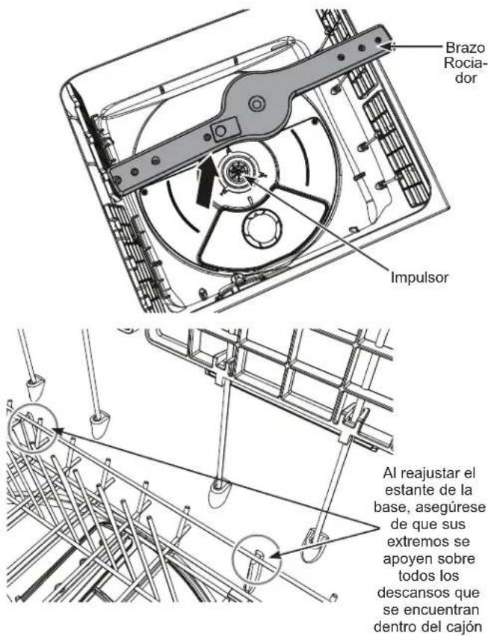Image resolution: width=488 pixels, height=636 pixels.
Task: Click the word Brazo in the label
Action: (465, 48)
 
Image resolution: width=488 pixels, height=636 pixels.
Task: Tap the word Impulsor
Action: (419, 277)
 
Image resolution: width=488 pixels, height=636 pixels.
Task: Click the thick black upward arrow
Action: (206, 182)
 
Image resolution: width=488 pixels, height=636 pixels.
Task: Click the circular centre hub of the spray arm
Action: (256, 104)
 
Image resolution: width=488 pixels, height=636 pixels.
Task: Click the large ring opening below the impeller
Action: (262, 229)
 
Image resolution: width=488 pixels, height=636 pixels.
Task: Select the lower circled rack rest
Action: (256, 559)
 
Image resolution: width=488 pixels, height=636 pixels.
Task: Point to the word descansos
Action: (428, 593)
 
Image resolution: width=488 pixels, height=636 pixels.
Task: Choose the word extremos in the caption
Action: (427, 542)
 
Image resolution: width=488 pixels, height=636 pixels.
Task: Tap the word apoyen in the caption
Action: (410, 559)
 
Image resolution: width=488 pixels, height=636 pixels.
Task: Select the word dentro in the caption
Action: (395, 627)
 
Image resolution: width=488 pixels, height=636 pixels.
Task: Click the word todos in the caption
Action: (416, 575)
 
